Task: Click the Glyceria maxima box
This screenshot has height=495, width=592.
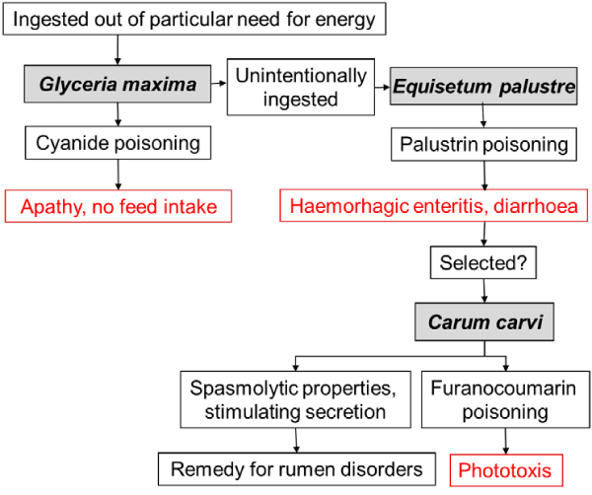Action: point(117,84)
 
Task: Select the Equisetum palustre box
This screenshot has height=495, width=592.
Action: point(483,86)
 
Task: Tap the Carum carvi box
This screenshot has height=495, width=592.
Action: point(484,321)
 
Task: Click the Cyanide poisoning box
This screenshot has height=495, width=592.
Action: point(117,143)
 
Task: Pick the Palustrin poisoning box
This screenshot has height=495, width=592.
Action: point(483,145)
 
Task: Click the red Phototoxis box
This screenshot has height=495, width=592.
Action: point(506,470)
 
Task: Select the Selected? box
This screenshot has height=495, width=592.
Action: point(483,262)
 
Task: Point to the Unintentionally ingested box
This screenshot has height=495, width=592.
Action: point(301,87)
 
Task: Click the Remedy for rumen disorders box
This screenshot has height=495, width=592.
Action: point(297,469)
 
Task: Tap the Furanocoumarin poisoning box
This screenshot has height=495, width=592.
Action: point(505,399)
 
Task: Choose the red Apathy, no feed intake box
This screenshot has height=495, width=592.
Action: point(118,206)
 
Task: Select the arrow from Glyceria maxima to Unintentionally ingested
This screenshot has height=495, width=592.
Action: point(219,83)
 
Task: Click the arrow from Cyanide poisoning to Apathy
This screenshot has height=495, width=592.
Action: point(118,175)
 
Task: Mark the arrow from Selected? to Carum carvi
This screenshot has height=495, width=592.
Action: point(484,291)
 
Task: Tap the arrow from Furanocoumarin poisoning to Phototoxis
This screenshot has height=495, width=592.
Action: point(505,441)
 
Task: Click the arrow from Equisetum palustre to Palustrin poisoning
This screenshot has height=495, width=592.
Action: point(483,116)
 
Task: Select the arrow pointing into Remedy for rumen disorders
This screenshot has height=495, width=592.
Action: point(296,441)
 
